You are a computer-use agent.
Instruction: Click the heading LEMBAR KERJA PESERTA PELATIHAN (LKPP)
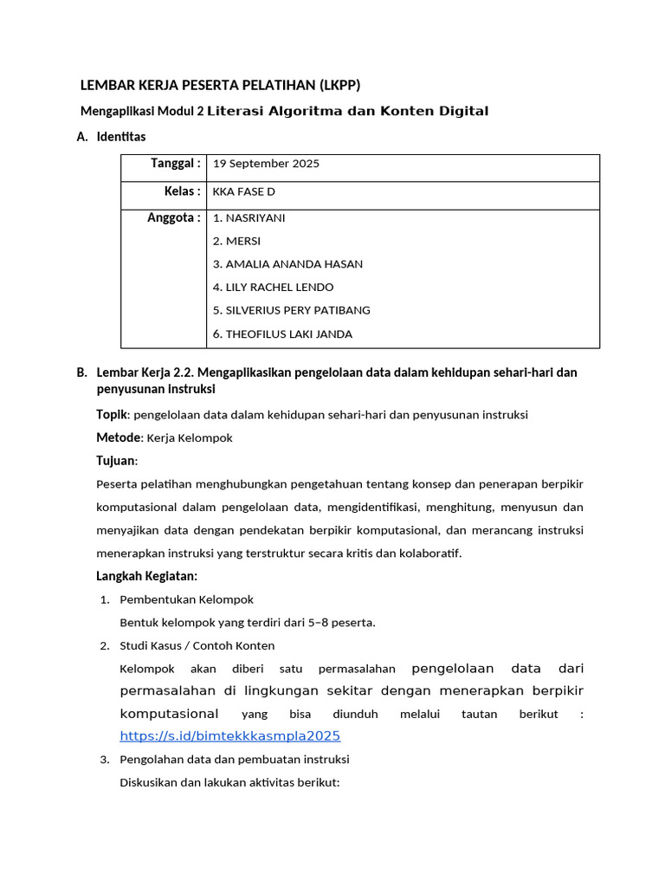[220, 85]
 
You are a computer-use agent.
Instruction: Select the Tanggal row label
[176, 163]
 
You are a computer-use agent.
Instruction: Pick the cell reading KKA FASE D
[243, 191]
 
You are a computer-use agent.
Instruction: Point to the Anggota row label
[174, 217]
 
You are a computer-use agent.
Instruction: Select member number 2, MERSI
[242, 241]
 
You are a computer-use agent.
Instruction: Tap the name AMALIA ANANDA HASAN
[294, 264]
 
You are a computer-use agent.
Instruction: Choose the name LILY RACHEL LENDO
[279, 288]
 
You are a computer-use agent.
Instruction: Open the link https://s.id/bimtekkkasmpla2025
[229, 735]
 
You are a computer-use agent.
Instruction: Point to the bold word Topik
[112, 414]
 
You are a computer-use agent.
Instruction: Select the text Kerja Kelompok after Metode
[190, 437]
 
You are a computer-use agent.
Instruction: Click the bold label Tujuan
[116, 461]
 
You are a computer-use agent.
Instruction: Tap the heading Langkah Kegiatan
[146, 576]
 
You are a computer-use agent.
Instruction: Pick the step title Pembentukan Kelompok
[186, 599]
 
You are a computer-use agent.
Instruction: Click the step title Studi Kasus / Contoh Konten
[197, 645]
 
